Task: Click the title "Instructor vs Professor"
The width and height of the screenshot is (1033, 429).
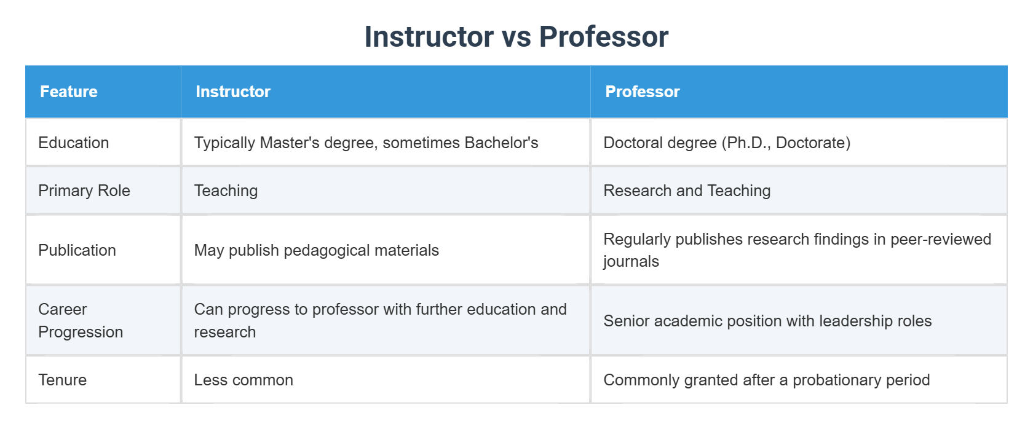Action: pos(516,37)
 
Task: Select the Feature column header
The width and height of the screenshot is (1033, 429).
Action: pos(69,92)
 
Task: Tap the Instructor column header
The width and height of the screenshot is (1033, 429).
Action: pos(233,92)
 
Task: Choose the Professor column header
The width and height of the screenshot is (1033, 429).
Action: pos(643,92)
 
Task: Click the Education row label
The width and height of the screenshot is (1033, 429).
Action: pos(74,143)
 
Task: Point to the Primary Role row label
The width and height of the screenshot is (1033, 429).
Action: pos(84,191)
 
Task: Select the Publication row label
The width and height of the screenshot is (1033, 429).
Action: pos(77,250)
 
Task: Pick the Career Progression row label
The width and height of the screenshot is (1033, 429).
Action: pos(81,320)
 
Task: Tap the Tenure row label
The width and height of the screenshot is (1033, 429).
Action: pos(62,380)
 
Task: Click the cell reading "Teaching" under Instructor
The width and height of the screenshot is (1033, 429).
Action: pos(226,191)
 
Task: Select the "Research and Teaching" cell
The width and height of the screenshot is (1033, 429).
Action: pos(687,191)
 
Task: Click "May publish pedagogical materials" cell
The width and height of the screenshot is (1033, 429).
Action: pos(316,250)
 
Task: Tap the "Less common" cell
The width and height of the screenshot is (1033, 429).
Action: pos(243,380)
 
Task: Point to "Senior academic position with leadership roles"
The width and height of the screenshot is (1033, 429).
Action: pos(767,321)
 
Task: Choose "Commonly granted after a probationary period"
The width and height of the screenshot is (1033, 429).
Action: pos(766,380)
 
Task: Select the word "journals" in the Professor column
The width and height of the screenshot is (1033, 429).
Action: pos(631,262)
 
